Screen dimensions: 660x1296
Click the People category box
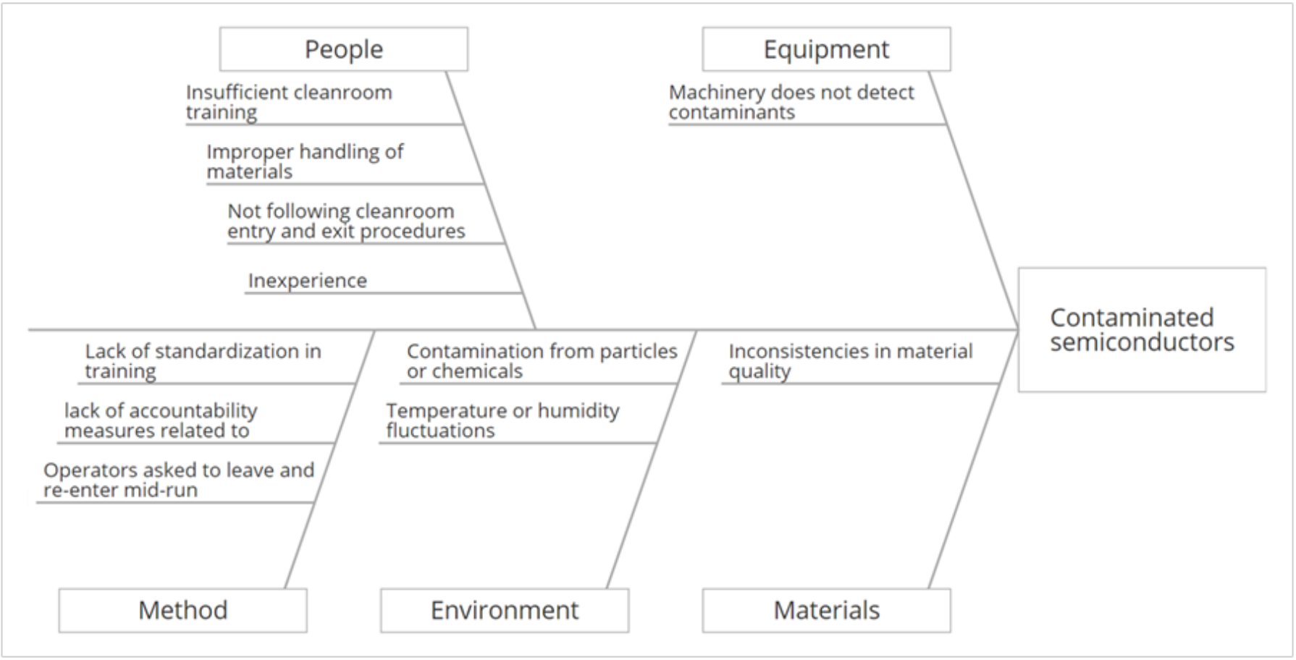343,49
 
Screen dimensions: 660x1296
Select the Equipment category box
826,49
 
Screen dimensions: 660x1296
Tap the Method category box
182,610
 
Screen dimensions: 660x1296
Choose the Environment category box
504,610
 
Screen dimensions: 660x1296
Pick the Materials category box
826,610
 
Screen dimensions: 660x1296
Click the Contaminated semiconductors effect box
1142,330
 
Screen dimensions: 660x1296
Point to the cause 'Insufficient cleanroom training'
289,102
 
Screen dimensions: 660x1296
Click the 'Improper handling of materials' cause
305,161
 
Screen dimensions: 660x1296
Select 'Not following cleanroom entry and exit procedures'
346,221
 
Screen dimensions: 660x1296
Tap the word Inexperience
308,280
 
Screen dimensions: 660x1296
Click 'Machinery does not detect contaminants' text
791,102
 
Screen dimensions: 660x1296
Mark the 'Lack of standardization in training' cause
203,360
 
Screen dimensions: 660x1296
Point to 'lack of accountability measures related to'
161,420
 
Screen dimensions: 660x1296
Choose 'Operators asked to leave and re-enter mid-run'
179,480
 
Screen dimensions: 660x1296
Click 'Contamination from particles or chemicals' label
542,360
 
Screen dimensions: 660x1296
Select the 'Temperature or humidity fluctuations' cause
502,420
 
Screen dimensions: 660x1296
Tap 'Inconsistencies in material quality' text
850,360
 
